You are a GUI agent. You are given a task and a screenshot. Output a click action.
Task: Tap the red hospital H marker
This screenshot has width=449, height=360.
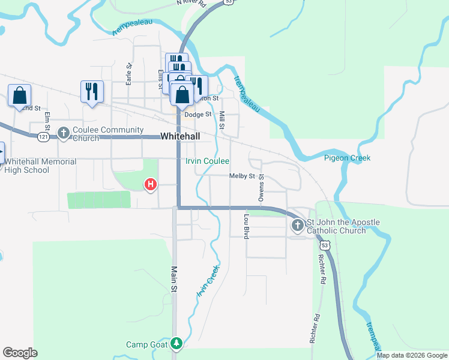[x=151, y=184]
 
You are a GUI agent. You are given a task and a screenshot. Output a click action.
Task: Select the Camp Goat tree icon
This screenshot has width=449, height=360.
[x=176, y=344]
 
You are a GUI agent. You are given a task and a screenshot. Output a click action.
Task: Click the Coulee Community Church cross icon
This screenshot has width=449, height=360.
[x=64, y=132]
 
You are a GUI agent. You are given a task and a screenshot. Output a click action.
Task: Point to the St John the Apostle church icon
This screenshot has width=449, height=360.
[x=297, y=226]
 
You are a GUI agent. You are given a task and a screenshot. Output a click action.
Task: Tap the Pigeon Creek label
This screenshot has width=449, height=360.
[x=347, y=158]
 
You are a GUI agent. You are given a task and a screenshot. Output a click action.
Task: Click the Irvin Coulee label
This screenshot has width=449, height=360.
[x=207, y=161]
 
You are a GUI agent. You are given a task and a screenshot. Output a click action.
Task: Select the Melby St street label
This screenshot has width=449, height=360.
[x=242, y=176]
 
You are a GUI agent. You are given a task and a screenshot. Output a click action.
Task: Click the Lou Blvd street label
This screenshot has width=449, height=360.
[x=246, y=226]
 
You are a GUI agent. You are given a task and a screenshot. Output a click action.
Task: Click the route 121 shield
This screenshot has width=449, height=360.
[x=43, y=137]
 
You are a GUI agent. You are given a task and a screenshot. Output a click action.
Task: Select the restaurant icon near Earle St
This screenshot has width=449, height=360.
[x=92, y=92]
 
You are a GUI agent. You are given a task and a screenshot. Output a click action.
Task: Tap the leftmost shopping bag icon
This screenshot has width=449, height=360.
[x=19, y=95]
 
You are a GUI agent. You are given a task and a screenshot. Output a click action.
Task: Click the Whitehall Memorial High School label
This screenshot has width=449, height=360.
[x=40, y=166]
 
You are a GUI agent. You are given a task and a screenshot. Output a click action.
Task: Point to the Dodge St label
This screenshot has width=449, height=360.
[x=198, y=115]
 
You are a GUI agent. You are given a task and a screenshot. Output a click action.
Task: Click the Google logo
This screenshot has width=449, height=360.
[x=20, y=353]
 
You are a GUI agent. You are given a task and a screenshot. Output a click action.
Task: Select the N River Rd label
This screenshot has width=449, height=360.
[x=191, y=3]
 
